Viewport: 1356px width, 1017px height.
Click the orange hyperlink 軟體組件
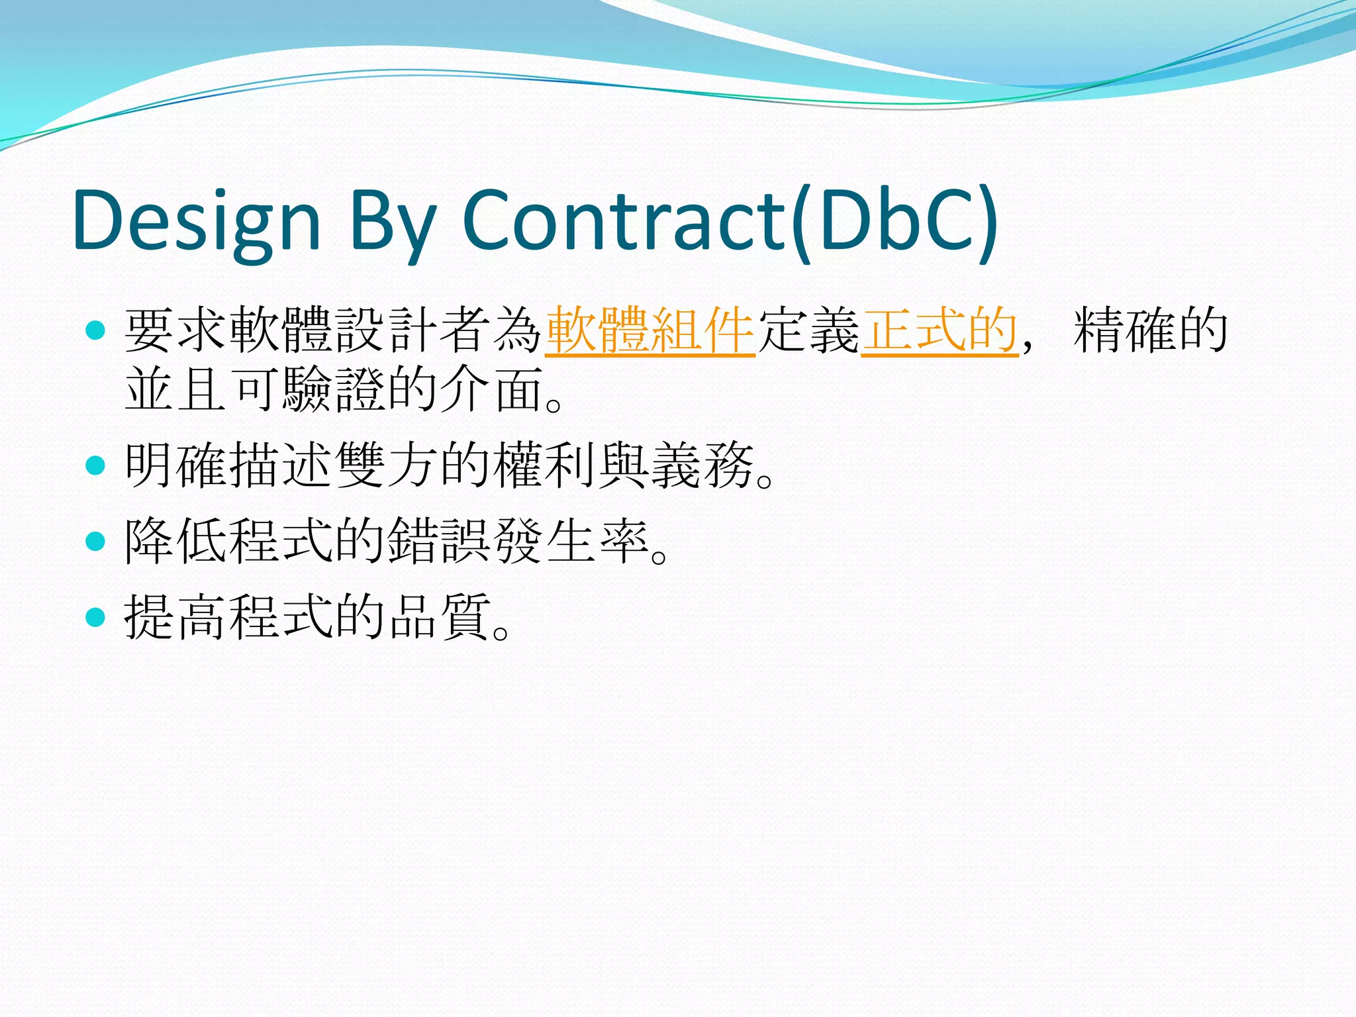(650, 330)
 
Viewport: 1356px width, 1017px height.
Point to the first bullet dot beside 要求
(96, 330)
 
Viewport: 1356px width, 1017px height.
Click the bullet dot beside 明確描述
(96, 465)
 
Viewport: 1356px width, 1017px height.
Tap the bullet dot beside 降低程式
(96, 542)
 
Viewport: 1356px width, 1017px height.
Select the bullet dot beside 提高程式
(96, 618)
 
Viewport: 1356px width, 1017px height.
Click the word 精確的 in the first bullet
(1151, 330)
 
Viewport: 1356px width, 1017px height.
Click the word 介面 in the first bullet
(491, 389)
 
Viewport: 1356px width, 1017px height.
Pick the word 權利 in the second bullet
(544, 465)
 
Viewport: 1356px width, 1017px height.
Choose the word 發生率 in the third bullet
(571, 542)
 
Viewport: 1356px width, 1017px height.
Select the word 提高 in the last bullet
(176, 618)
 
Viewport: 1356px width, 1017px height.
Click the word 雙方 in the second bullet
(387, 465)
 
